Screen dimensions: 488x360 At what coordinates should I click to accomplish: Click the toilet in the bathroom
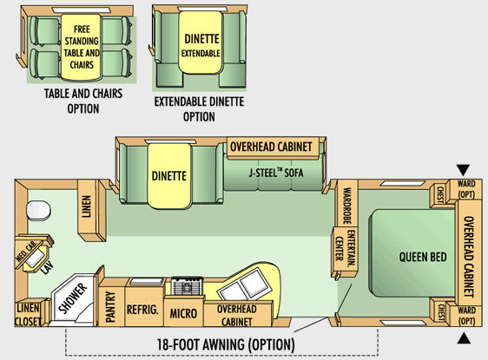[x=38, y=211]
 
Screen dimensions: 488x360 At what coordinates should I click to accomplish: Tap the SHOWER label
[x=73, y=298]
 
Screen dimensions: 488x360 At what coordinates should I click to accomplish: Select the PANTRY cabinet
[x=111, y=303]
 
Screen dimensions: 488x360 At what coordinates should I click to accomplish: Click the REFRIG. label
[x=142, y=310]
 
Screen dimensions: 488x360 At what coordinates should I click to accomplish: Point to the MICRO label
[x=183, y=313]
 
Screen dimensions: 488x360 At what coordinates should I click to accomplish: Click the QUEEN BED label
[x=423, y=257]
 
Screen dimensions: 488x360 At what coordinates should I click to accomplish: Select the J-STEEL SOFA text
[x=276, y=173]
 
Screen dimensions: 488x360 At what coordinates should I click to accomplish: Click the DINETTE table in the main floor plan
[x=169, y=175]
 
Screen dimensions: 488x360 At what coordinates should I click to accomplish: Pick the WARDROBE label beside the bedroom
[x=346, y=206]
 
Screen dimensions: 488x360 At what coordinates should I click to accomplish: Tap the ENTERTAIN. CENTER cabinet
[x=345, y=252]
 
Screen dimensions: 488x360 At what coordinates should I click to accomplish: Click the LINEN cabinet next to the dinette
[x=92, y=211]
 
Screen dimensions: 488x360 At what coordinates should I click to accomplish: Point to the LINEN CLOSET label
[x=28, y=315]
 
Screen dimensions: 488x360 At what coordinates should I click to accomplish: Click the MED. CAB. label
[x=26, y=252]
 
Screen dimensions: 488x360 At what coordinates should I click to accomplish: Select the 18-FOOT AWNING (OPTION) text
[x=225, y=344]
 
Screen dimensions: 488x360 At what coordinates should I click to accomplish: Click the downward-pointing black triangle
[x=463, y=170]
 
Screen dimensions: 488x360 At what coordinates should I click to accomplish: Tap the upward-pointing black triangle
[x=464, y=338]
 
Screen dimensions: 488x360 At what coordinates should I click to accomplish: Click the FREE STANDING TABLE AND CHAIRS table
[x=82, y=47]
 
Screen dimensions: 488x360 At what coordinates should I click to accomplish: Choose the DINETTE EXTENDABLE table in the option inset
[x=201, y=43]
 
